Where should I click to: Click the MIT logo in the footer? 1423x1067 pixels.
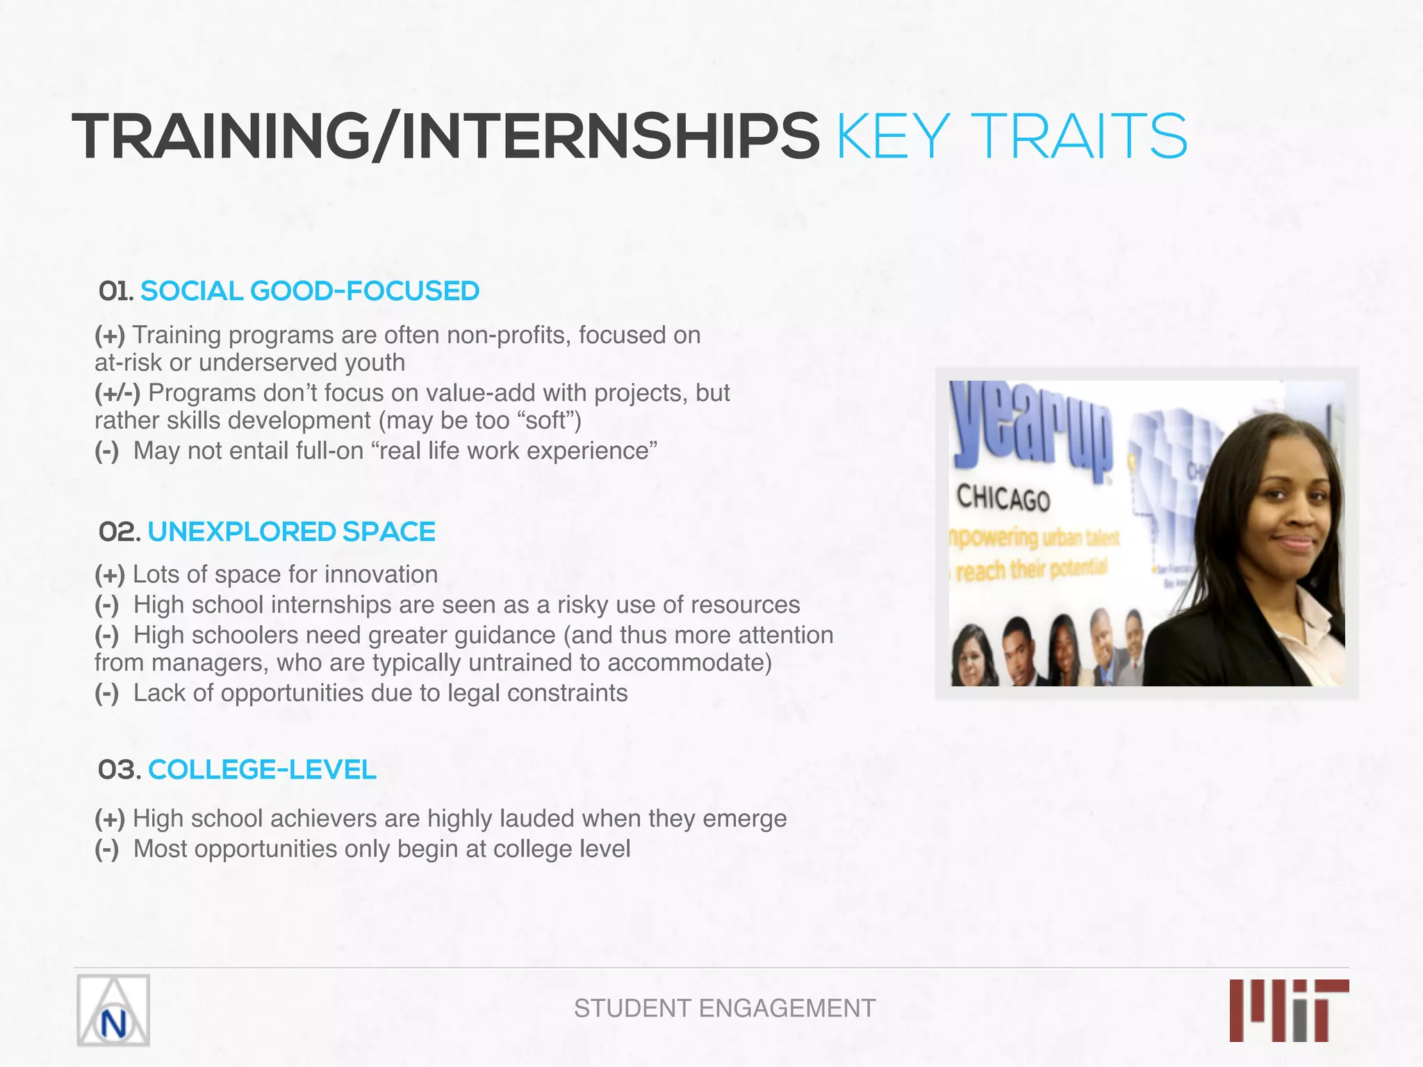point(1289,1010)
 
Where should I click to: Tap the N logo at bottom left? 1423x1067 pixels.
point(113,1010)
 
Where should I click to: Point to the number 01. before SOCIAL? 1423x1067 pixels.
point(116,291)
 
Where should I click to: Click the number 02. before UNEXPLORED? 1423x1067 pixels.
point(120,532)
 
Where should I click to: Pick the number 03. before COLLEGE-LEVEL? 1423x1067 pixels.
point(120,770)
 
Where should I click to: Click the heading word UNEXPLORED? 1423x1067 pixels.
point(241,532)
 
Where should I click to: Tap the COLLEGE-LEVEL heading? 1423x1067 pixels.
point(262,770)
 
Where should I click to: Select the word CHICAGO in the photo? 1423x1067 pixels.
point(1003,499)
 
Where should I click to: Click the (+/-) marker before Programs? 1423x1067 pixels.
point(117,393)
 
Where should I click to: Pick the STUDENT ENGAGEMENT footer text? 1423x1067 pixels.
point(725,1008)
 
